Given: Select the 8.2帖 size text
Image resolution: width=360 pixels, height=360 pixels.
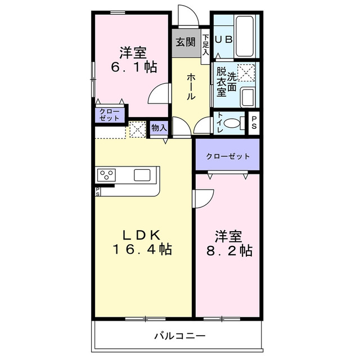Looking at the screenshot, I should pos(228,249).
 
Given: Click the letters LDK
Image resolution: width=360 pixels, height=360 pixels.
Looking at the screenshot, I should pos(143,233).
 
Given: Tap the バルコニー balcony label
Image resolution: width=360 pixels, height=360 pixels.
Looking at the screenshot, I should pos(180,336).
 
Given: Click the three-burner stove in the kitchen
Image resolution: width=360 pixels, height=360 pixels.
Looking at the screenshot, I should pos(106,175).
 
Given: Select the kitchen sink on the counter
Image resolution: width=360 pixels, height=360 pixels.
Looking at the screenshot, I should pos(142,175).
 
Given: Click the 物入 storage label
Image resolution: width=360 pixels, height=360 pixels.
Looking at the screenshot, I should pos(159,128).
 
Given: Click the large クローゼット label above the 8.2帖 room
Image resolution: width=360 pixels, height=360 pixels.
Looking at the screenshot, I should pos(228,156).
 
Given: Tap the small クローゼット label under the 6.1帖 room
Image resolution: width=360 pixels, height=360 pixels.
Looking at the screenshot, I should pos(109,115).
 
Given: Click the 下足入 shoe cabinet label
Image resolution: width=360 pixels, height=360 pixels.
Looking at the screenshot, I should pos(206,46).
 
